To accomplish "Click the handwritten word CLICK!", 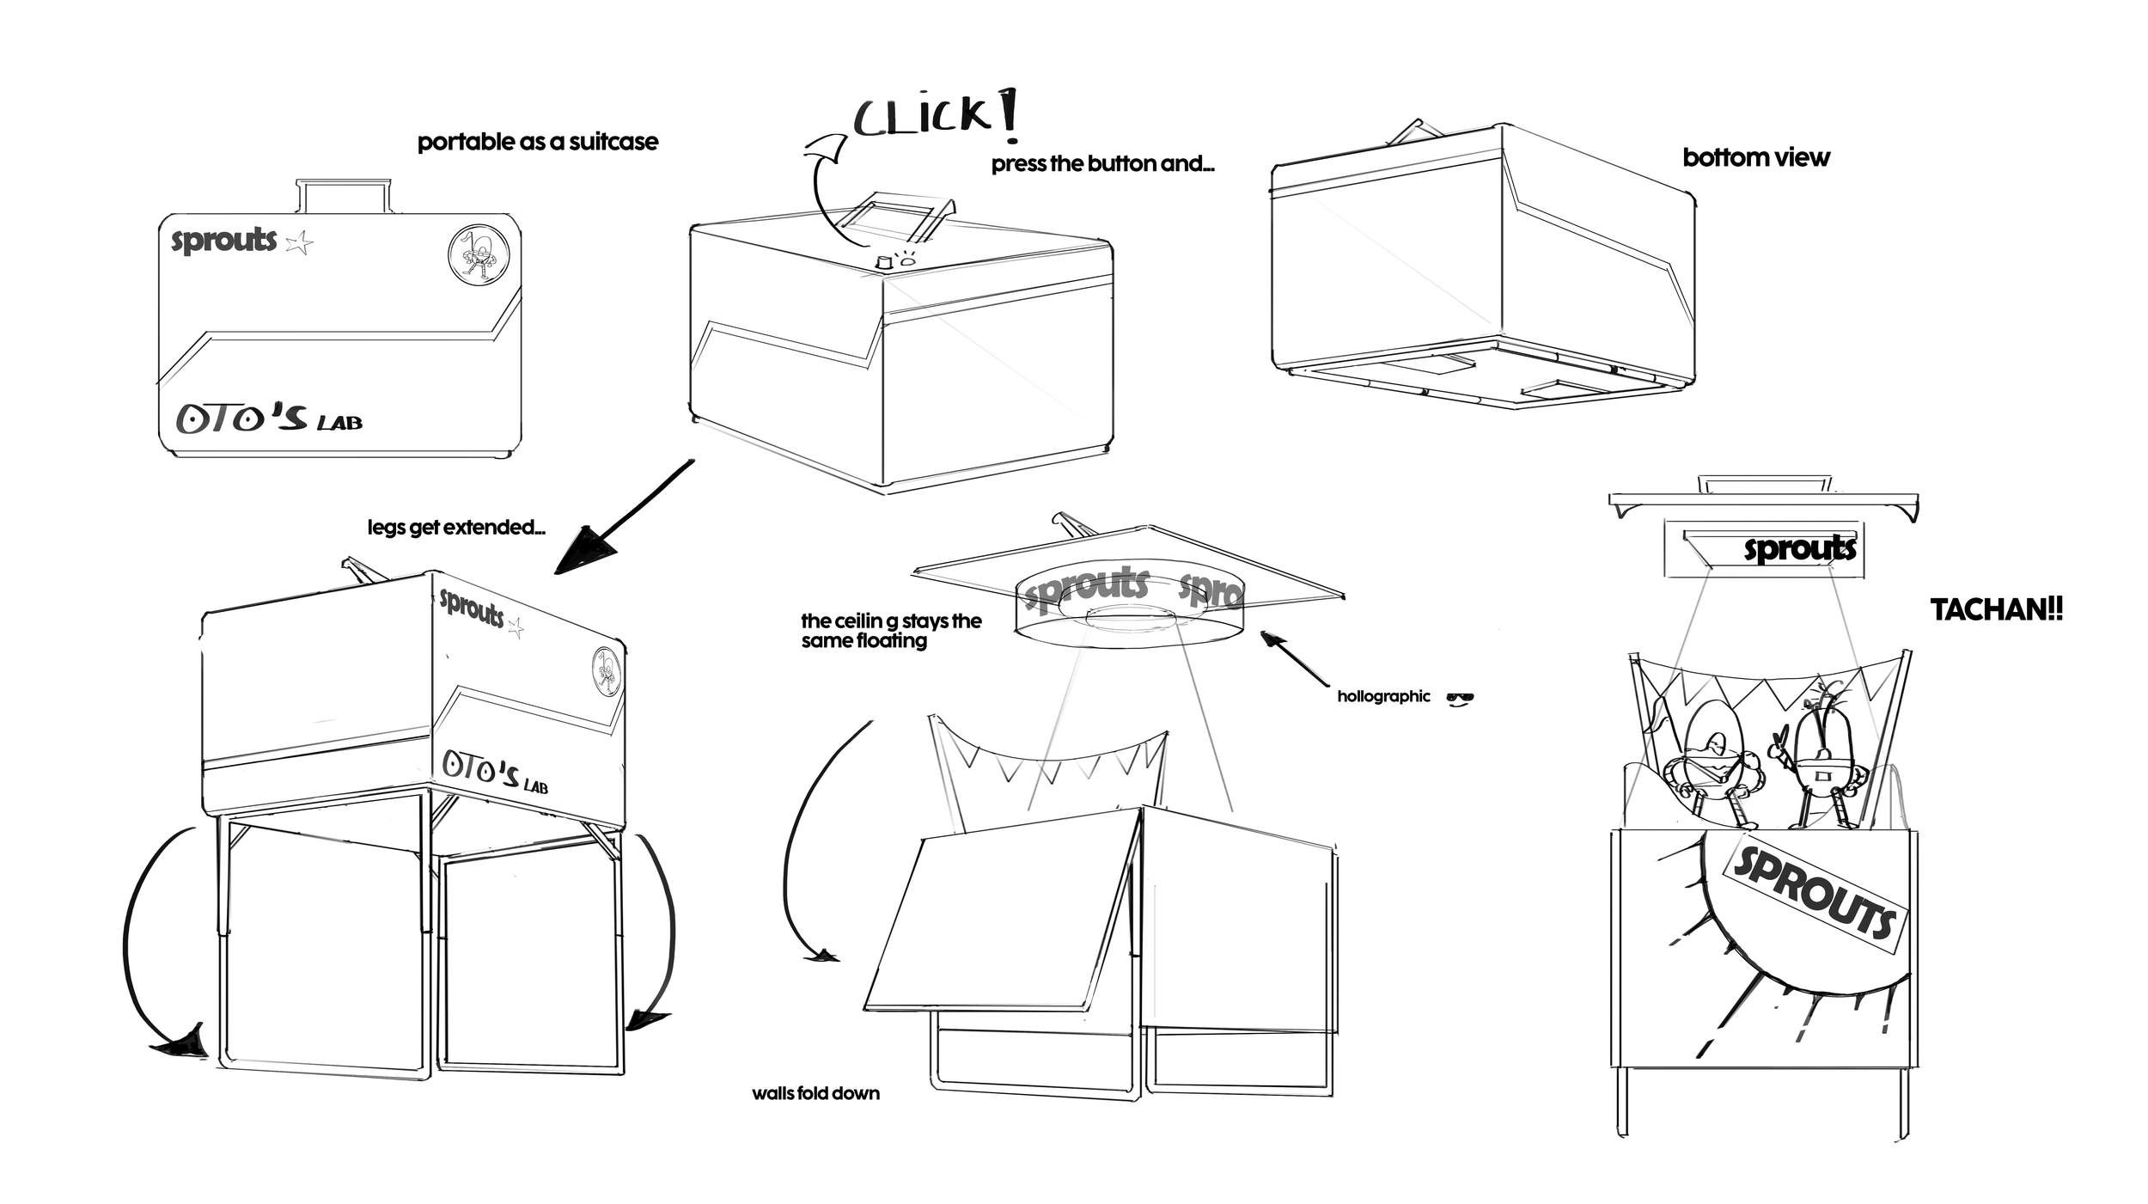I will click(935, 115).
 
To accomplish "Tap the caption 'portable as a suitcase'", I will click(538, 142).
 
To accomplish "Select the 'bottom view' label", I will click(1755, 157).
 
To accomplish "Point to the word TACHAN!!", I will click(1996, 609).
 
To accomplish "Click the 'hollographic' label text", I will click(1383, 696).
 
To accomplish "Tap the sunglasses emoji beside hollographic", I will click(1460, 698).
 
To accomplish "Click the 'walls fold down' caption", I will click(815, 1093).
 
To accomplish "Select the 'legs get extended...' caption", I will click(456, 527).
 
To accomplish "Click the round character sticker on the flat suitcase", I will click(479, 255).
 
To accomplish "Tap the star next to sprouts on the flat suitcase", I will click(299, 243).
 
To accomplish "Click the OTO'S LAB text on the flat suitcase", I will click(269, 419).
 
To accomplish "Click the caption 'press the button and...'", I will click(1102, 164).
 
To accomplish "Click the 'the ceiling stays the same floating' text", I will click(890, 631).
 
